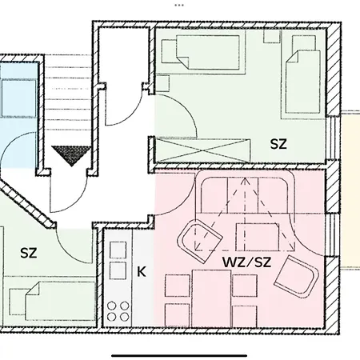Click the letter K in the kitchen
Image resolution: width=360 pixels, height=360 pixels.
(x=142, y=272)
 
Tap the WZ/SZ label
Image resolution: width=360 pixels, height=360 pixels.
(x=247, y=262)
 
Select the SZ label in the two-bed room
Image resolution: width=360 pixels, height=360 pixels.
(x=278, y=144)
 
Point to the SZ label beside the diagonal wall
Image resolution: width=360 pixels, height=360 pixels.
(x=29, y=253)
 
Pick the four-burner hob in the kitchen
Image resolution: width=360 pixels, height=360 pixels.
(x=118, y=311)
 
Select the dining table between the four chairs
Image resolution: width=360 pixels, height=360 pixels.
(x=211, y=298)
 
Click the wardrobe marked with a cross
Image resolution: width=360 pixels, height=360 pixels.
(x=202, y=150)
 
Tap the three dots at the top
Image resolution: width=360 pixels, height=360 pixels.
(x=179, y=5)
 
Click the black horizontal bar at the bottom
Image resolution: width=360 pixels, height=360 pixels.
(x=179, y=355)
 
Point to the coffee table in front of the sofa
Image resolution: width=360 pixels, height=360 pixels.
(x=257, y=237)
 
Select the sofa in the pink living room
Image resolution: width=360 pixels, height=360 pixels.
(x=245, y=192)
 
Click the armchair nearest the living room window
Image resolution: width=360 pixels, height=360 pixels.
(x=297, y=277)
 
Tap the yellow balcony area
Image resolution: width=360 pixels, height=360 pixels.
(x=350, y=190)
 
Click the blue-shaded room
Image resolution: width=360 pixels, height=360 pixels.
(x=18, y=114)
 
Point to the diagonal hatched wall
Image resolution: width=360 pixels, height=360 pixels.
(x=27, y=204)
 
